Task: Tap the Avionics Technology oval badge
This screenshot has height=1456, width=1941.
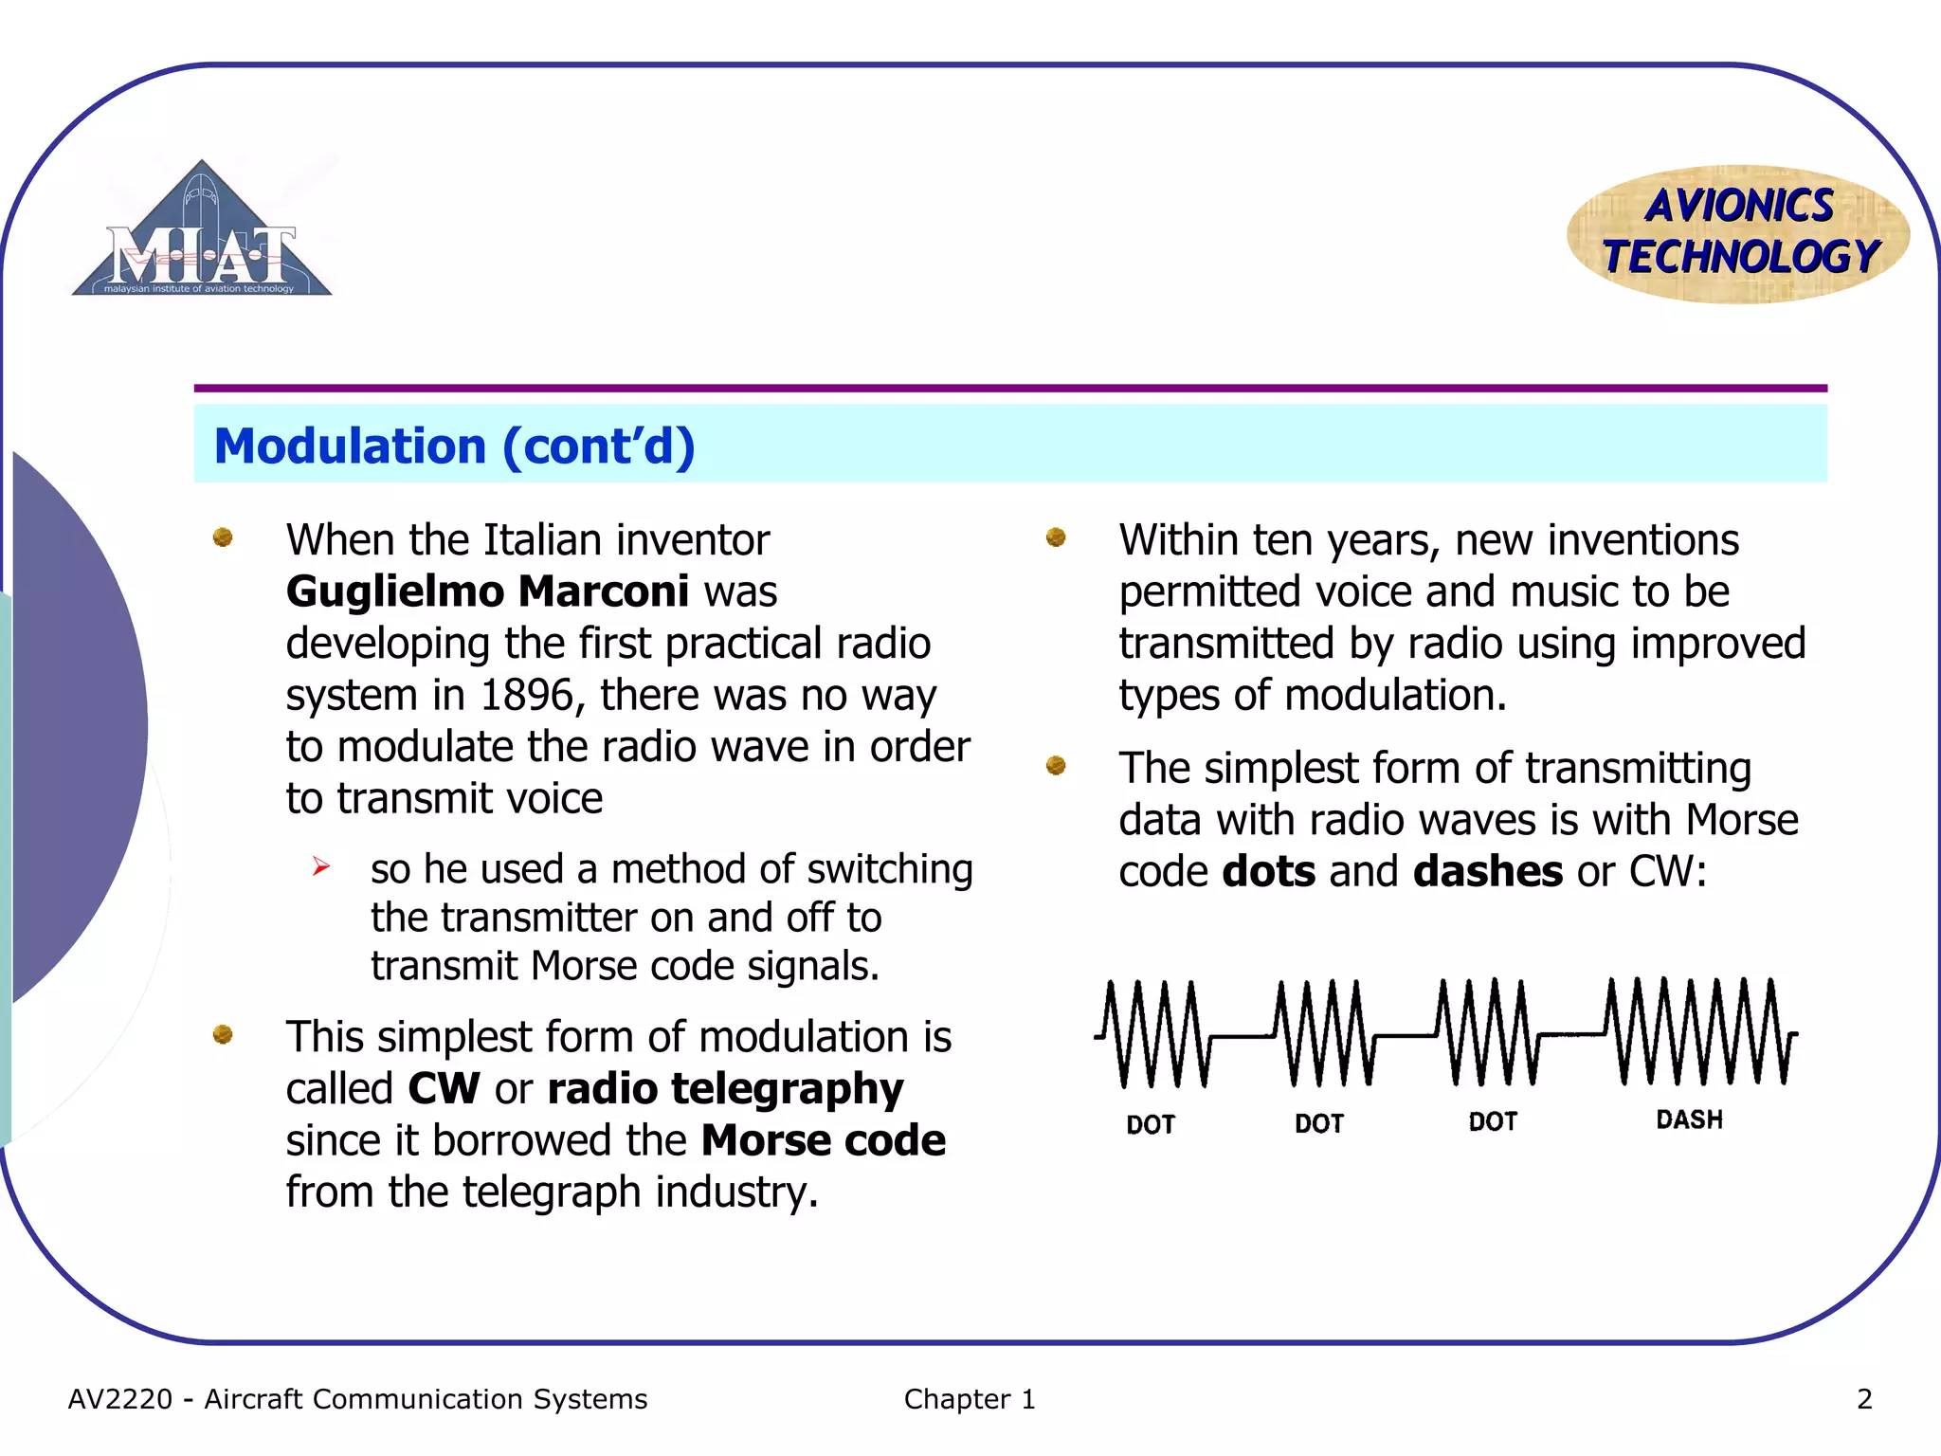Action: tap(1739, 234)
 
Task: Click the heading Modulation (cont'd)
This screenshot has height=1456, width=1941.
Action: tap(455, 446)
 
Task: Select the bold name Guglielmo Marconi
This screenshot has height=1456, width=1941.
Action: tap(487, 591)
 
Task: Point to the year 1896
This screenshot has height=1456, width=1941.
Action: tap(526, 695)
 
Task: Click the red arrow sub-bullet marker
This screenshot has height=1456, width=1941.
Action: tap(321, 866)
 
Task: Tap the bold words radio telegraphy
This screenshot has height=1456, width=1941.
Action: tap(725, 1088)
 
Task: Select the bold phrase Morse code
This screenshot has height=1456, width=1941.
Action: tap(823, 1140)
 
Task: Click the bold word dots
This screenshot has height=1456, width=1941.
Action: tap(1268, 871)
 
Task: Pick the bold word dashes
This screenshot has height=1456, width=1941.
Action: tap(1487, 871)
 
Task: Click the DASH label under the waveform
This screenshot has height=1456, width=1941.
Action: tap(1689, 1119)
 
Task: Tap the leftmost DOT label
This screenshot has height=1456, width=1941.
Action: tap(1151, 1124)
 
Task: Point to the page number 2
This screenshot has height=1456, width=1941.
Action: tap(1864, 1399)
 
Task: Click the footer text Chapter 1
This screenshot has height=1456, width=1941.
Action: tap(969, 1399)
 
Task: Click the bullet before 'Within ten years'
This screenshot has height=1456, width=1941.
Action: tap(1056, 538)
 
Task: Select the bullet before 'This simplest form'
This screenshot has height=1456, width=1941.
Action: tap(223, 1034)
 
